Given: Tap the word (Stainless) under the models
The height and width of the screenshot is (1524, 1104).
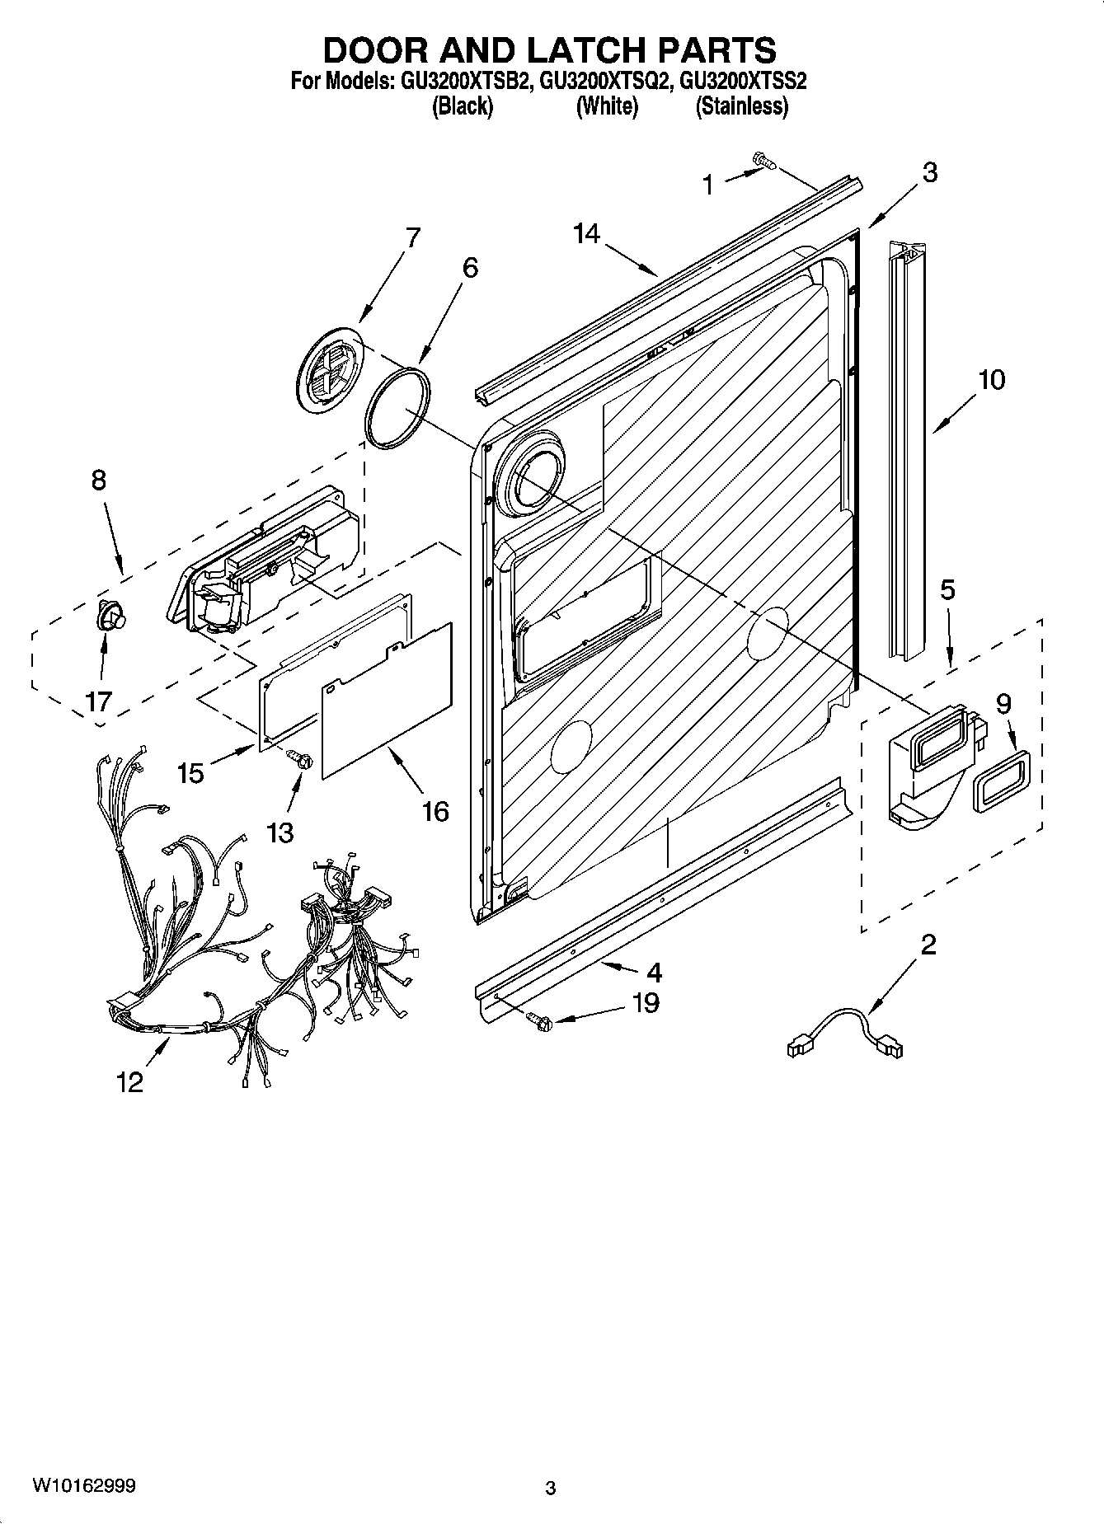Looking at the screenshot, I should tap(741, 106).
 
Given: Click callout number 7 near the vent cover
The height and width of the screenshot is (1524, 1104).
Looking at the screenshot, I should tap(412, 238).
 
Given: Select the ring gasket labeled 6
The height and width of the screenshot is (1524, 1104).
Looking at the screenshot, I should tap(397, 409).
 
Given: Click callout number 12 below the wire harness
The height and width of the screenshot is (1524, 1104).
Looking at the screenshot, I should tap(130, 1081).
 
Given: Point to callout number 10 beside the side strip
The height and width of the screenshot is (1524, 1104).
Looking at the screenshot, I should tap(992, 380).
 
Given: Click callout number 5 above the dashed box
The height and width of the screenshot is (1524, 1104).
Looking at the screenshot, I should tap(947, 589).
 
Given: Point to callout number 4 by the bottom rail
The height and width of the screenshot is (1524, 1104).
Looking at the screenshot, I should tap(653, 973).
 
